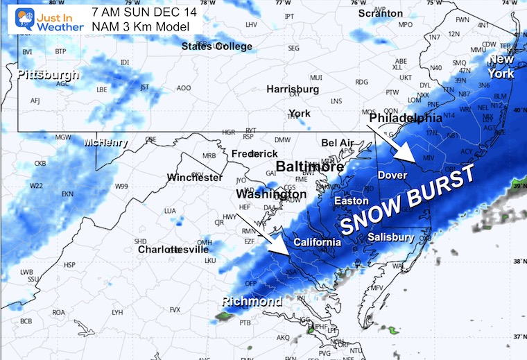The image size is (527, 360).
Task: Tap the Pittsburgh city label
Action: pos(48,74)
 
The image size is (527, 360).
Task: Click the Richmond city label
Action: pos(252,301)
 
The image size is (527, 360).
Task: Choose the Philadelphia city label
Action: pos(406,119)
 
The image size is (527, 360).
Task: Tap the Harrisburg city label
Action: pos(293,89)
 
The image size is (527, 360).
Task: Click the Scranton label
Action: pos(380,13)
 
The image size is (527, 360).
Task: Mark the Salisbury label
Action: pos(391,237)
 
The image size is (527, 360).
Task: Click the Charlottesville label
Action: pos(169,249)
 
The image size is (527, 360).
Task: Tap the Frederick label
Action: pos(254,153)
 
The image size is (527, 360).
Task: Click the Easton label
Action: pos(346,200)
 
